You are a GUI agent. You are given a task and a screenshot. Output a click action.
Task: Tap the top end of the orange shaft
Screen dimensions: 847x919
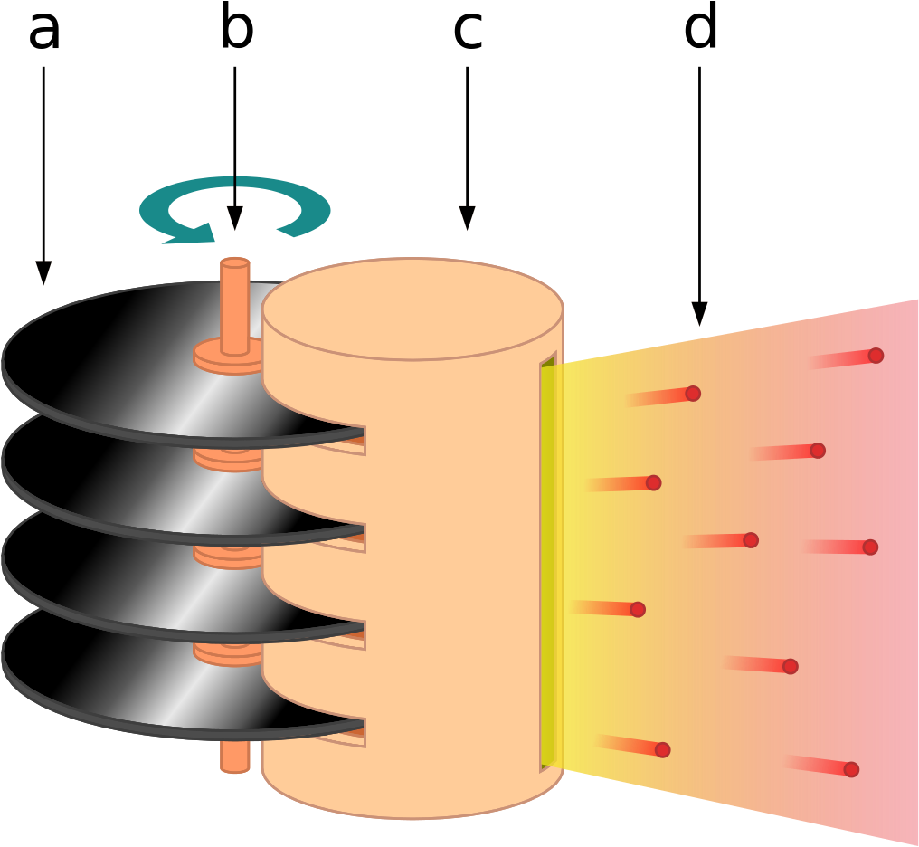(x=235, y=263)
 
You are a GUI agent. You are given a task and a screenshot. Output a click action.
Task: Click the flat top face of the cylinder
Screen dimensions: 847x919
(x=412, y=308)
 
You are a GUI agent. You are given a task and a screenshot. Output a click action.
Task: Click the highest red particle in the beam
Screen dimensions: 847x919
(x=876, y=356)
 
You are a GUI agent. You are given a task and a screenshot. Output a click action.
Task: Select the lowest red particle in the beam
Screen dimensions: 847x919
(x=851, y=769)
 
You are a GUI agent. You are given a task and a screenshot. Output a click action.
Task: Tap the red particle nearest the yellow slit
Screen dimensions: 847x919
(x=638, y=609)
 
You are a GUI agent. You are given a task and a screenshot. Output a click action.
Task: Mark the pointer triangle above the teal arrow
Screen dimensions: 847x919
(x=234, y=218)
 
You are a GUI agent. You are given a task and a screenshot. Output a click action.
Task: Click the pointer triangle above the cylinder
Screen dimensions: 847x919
(x=467, y=218)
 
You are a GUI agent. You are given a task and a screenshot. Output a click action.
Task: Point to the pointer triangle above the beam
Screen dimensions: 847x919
(x=699, y=313)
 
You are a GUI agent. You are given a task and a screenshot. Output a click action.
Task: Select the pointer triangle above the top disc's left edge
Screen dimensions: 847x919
(x=43, y=272)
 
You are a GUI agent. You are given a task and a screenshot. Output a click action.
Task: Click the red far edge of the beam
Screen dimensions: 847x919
(x=909, y=570)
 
